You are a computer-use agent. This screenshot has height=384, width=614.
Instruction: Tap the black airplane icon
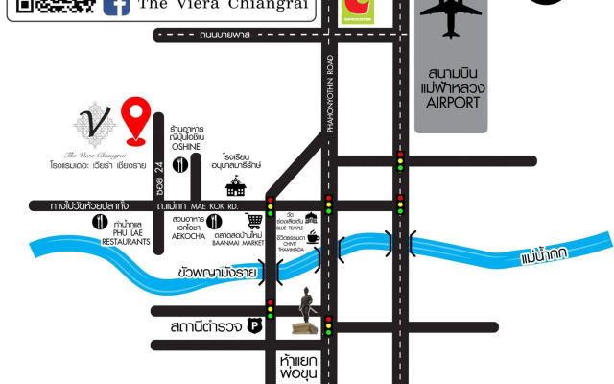tap(450, 19)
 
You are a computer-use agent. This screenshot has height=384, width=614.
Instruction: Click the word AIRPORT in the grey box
tap(450, 102)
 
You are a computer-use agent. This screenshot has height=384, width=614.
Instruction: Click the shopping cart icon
tap(253, 221)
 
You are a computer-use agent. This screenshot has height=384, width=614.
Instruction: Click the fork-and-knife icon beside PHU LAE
tap(99, 222)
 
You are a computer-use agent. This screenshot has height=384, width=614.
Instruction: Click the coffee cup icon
tap(312, 237)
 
